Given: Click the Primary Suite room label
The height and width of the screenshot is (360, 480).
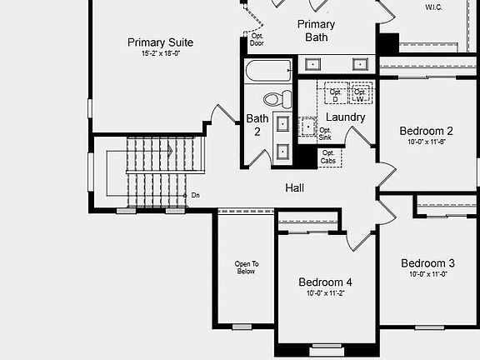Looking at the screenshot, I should point(160,42).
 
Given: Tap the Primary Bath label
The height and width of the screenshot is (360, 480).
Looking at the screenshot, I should point(316,31).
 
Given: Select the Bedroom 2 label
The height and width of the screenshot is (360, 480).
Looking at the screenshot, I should point(426,131).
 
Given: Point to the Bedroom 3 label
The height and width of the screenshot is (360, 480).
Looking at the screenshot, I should point(427,262).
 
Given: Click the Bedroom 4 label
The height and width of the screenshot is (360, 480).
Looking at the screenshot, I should point(325,282).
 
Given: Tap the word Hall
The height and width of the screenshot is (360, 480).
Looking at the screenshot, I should point(295,188).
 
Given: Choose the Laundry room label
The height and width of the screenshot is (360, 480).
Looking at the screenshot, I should point(345,117).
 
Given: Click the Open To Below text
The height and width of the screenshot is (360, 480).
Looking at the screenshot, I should point(246,267).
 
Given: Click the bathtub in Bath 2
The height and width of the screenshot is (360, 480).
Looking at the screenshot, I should point(268,70).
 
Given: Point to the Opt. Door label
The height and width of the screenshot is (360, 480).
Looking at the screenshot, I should point(257,39).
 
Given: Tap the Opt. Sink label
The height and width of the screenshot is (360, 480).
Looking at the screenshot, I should point(326,133).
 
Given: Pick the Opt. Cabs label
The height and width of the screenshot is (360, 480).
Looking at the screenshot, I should point(329,156).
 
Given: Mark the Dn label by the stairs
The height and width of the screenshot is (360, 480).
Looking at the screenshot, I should point(195,195).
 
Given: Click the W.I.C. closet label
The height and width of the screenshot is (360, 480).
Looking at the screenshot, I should point(434,7).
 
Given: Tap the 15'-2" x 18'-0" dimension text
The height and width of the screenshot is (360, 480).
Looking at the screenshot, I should point(160,54).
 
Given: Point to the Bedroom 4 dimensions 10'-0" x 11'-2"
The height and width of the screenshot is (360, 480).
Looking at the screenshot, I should point(325,293).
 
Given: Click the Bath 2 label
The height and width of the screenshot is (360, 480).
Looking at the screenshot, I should point(257,124).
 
